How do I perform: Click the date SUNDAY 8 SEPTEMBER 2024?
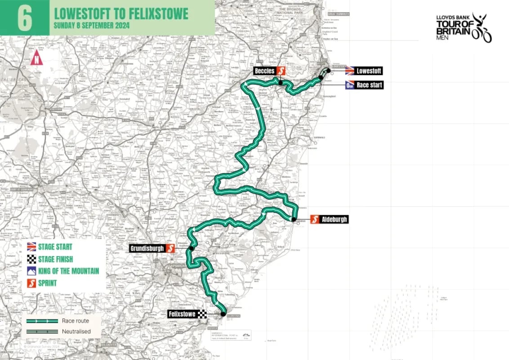point(91,26)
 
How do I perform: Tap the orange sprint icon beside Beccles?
point(281,71)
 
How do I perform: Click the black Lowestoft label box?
point(369,71)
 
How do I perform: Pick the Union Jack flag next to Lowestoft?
point(350,71)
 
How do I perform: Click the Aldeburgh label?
point(334,220)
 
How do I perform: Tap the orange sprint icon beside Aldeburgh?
point(315,220)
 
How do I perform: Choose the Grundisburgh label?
point(147,248)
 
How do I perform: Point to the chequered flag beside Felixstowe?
point(202,314)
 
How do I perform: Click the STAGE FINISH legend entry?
point(55,259)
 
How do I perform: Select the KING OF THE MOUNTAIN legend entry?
point(68,271)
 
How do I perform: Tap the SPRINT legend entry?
point(47,283)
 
